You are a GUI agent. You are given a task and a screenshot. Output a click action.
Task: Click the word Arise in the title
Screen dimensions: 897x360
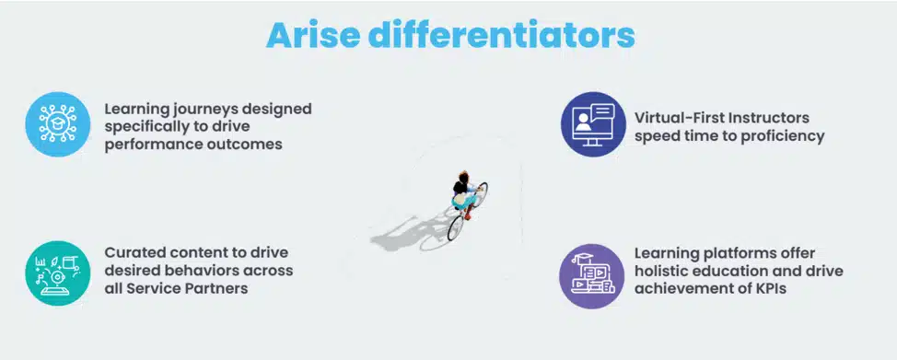coord(313,36)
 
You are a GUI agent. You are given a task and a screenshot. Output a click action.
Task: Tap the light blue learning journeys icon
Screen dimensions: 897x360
coord(58,124)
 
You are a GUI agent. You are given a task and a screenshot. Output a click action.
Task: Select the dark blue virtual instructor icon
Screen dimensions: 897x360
coord(593,124)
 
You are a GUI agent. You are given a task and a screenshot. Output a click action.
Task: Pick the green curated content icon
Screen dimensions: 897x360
coord(58,273)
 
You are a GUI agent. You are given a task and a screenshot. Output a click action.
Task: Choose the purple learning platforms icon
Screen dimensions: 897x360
coord(591,276)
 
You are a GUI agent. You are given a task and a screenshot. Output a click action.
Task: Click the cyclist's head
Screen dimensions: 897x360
coord(463,176)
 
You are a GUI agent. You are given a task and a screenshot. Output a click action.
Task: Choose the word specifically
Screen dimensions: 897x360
coord(142,127)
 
